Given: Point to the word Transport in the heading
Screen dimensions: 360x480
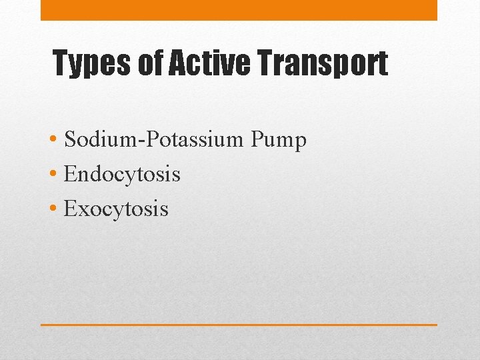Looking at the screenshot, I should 319,64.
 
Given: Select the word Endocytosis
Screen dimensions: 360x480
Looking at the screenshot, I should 122,175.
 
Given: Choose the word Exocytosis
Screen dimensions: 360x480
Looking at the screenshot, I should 116,209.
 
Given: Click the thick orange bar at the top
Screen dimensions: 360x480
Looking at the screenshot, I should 239,10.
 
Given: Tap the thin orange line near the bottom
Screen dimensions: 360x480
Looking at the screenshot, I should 239,325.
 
